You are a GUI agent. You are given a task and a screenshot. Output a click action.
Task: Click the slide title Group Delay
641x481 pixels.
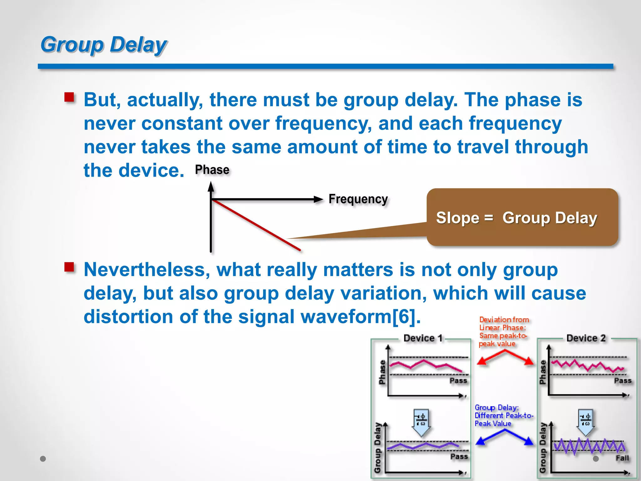point(104,44)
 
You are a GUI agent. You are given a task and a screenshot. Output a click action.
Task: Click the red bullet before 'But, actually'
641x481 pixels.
point(69,97)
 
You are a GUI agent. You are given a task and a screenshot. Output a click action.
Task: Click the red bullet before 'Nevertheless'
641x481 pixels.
point(69,267)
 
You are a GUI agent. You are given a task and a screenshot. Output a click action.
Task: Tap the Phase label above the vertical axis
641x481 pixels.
point(212,170)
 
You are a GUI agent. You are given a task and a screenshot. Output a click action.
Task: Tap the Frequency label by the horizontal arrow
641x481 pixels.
point(358,199)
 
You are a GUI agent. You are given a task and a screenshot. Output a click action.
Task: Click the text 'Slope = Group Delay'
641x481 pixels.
point(516,218)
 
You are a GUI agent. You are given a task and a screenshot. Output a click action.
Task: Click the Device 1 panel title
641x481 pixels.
point(423,338)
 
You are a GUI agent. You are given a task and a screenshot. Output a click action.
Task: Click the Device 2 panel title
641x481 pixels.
point(586,338)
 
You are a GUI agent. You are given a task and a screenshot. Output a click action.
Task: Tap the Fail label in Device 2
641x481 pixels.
point(622,458)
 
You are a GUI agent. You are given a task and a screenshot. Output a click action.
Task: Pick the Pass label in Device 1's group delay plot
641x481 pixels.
point(459,457)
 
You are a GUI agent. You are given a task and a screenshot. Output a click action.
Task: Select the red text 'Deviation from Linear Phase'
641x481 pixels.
point(503,332)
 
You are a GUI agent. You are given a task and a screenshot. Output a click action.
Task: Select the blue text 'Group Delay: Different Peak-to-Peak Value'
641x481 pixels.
point(503,416)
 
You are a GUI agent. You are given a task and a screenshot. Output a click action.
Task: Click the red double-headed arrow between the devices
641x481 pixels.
point(505,357)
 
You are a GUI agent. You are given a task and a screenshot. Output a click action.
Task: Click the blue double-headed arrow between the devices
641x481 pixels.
point(505,437)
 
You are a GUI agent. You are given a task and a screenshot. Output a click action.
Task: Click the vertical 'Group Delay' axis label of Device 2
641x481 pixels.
point(542,448)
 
